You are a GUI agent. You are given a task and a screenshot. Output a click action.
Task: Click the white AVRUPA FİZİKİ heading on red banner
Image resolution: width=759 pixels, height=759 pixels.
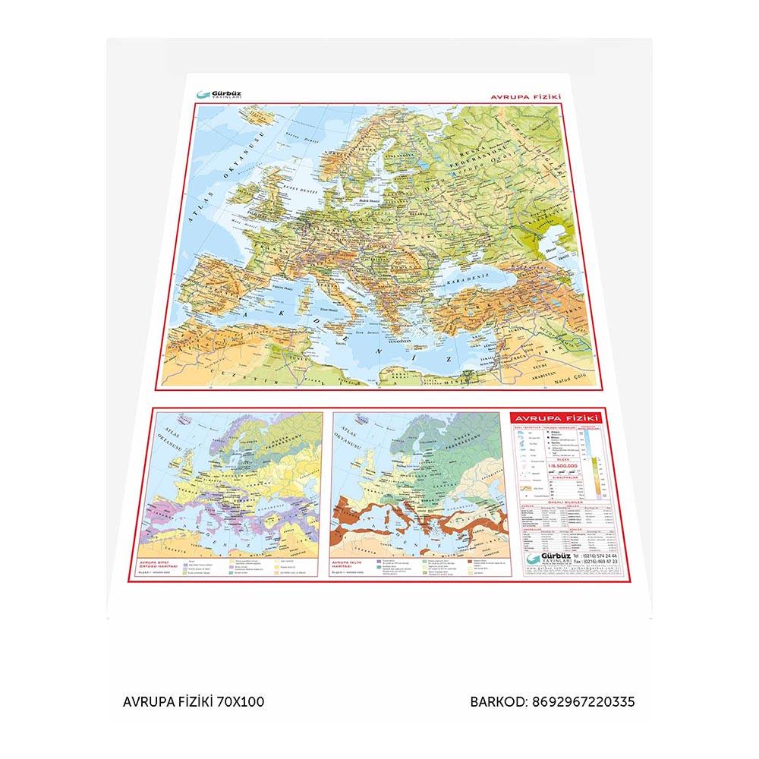tap(555, 417)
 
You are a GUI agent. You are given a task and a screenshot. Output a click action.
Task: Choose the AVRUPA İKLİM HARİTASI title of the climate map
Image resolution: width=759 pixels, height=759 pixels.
tap(348, 565)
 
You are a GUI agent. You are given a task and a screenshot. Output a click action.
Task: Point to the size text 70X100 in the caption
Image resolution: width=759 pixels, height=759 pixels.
tap(241, 702)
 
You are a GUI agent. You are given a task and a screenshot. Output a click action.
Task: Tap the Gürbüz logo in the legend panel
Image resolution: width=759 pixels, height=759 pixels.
tap(543, 559)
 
